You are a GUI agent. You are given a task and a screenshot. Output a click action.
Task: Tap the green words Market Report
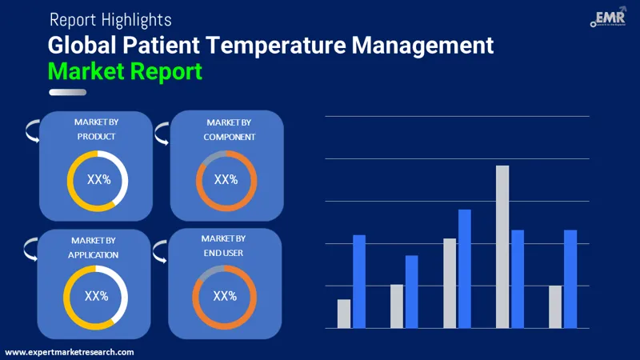125,70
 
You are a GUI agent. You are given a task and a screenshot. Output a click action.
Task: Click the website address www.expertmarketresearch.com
70,352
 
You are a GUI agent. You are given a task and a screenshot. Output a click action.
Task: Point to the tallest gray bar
502,246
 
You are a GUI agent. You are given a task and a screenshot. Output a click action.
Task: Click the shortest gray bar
344,314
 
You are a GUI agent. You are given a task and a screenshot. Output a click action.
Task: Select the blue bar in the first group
359,281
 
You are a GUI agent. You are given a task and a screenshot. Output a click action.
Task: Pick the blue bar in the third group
465,268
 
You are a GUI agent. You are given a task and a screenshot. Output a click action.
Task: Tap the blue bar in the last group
570,278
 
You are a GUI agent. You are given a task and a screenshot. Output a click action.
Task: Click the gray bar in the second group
397,306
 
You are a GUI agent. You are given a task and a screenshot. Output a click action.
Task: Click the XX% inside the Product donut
98,180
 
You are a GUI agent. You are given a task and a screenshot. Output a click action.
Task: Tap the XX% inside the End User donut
225,296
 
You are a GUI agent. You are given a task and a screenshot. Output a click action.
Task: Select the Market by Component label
229,130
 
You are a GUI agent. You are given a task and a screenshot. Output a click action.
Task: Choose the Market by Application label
94,247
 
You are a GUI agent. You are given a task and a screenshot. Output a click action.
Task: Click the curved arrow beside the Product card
32,130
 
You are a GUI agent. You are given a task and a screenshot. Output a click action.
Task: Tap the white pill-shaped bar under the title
67,92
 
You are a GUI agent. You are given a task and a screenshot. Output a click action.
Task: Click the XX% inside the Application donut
96,296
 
